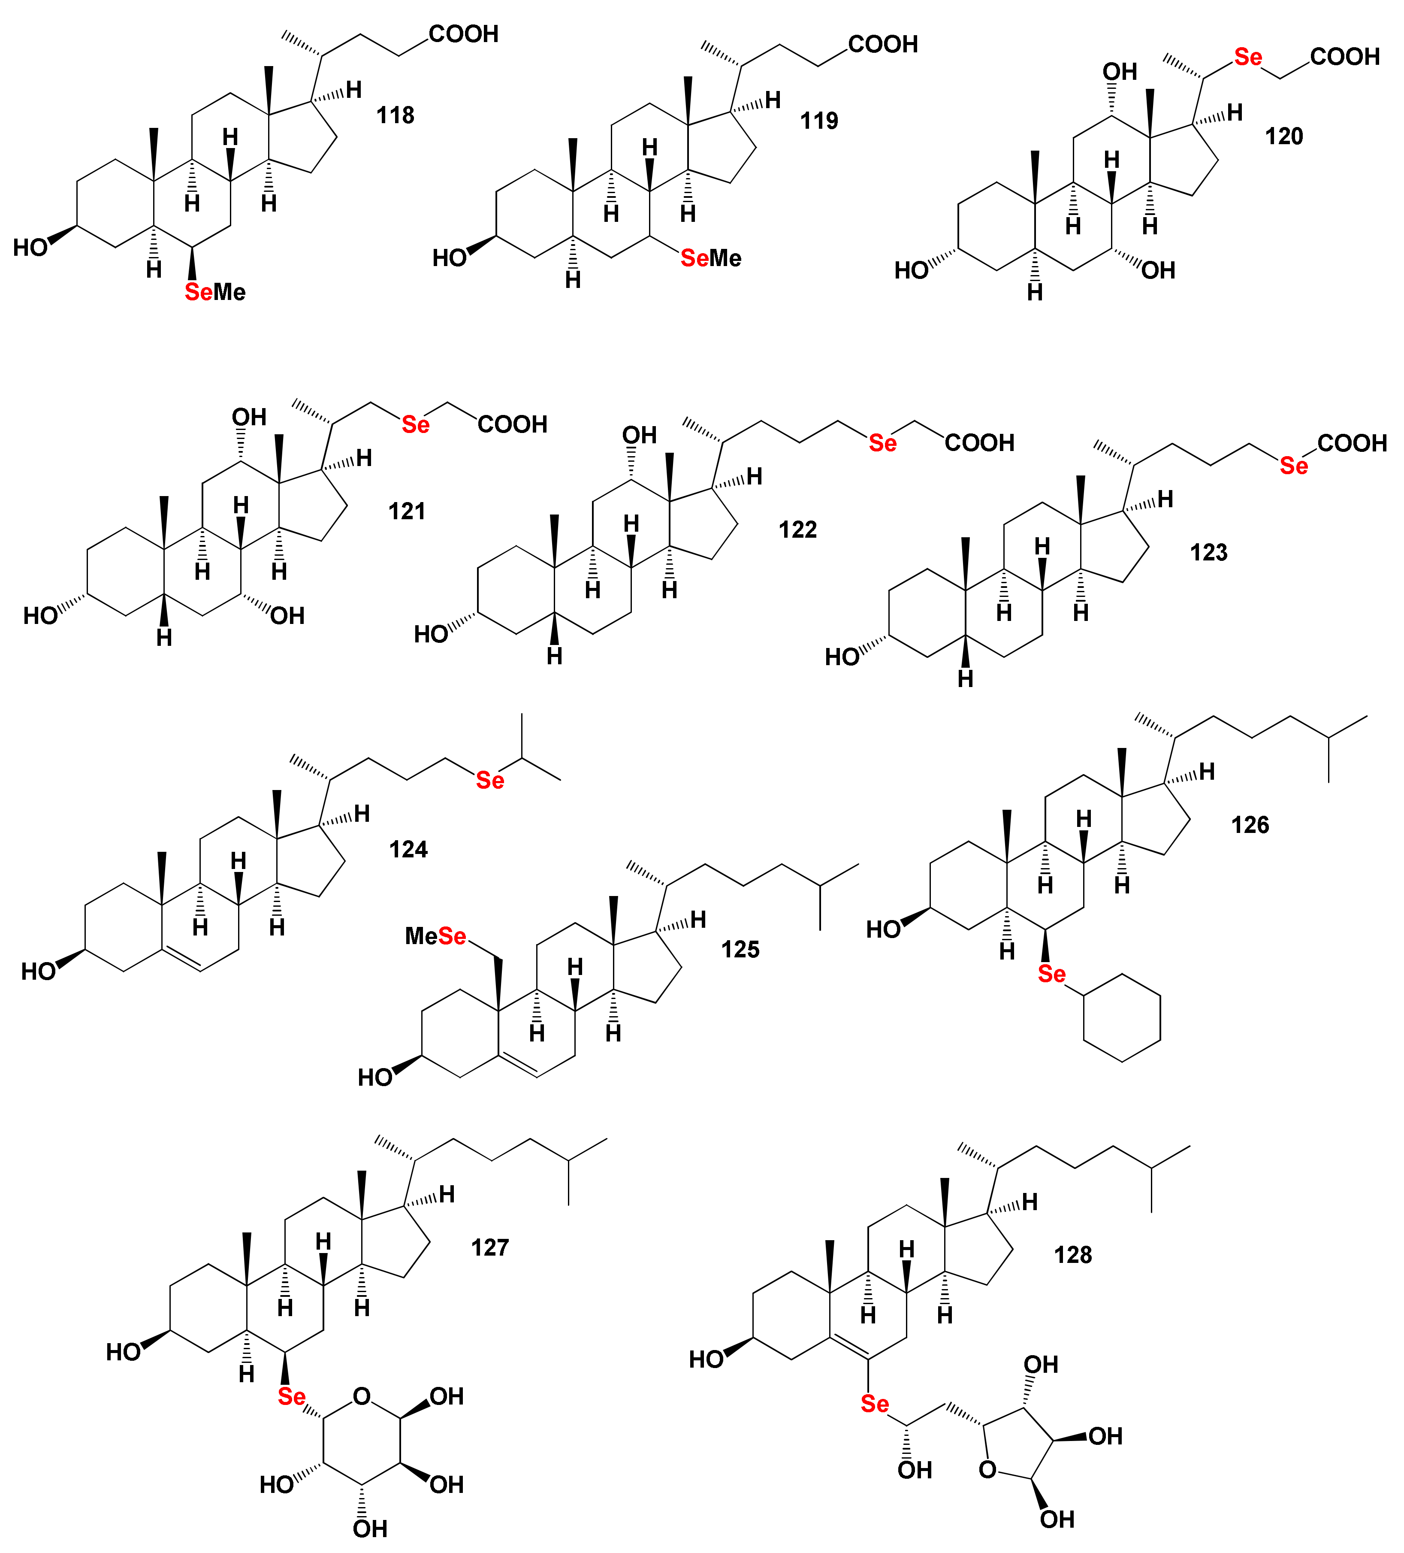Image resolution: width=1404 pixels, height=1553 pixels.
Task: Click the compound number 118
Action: point(395,115)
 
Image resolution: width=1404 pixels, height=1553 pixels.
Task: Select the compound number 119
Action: point(819,121)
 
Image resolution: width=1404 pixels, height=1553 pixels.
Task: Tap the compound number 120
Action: point(1284,136)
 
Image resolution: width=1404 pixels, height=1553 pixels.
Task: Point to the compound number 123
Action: point(1208,552)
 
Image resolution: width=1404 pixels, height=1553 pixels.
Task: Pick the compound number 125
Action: point(740,949)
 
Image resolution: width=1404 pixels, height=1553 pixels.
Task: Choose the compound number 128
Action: point(1073,1255)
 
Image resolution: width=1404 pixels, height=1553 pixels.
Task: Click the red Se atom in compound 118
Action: point(199,292)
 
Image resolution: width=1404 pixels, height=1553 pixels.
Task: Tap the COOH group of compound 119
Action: point(883,45)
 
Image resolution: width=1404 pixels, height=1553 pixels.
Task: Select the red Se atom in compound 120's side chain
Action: point(1248,57)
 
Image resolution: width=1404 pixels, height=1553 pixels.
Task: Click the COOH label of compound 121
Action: point(512,424)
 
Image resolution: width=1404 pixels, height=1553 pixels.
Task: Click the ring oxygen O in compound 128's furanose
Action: point(987,1470)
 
